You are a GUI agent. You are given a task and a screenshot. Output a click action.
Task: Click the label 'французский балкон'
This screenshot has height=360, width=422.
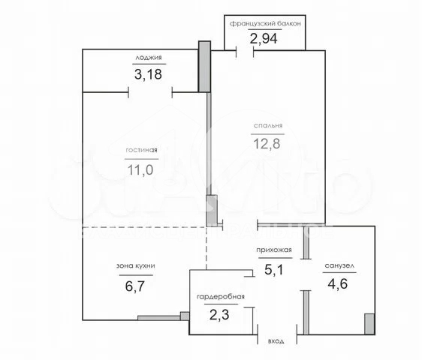[265, 24]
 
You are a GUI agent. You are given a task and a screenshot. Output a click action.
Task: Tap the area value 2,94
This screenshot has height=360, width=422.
[264, 38]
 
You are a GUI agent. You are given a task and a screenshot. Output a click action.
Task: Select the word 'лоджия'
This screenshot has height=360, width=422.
[149, 58]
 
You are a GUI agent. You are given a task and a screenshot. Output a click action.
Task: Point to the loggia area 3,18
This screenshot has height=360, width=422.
[148, 74]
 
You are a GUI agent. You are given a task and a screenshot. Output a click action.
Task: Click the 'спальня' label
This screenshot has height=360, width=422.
[268, 125]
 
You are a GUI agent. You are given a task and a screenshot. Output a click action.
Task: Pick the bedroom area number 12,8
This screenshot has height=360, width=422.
[267, 143]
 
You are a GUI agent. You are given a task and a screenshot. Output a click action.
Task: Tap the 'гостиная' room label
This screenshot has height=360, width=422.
[141, 150]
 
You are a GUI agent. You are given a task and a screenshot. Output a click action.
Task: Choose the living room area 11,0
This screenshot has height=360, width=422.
[140, 170]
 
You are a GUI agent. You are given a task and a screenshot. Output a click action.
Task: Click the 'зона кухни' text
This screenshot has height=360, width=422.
[136, 266]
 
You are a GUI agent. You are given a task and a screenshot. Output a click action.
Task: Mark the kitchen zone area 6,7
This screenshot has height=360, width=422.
[135, 286]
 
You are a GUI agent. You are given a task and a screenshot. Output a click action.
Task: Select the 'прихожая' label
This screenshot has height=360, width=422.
[274, 250]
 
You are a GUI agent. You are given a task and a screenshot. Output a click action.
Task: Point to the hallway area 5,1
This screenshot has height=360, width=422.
[274, 270]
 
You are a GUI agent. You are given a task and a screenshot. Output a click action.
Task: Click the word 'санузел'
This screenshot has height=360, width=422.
[339, 266]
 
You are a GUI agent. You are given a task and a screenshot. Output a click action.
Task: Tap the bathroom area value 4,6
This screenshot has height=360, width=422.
[338, 283]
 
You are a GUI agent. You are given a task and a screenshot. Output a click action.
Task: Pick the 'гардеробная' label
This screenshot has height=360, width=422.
[221, 296]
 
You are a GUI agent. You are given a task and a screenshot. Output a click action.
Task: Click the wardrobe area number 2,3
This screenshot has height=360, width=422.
[219, 315]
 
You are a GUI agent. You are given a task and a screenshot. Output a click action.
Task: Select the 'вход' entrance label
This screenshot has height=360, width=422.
[276, 341]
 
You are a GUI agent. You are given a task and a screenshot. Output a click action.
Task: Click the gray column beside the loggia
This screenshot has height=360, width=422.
[204, 67]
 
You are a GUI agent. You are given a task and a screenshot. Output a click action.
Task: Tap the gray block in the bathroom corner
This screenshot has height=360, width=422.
[369, 324]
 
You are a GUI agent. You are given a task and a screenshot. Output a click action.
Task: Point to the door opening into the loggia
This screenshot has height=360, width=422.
[150, 92]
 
